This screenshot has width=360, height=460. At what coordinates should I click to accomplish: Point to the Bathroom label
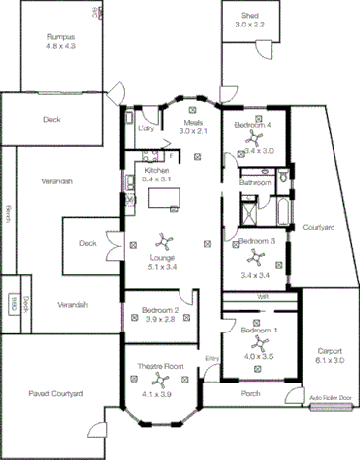point(256,182)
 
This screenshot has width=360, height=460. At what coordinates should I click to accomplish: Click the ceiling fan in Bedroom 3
point(254,257)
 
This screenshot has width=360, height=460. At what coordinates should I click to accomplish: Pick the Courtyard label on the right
point(319,228)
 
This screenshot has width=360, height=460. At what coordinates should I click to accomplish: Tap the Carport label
point(329,351)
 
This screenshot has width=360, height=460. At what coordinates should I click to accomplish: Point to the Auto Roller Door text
point(330,398)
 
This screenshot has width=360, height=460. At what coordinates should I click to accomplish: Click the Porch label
point(250,395)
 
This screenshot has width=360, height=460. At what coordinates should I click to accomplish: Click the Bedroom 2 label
point(154,310)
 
